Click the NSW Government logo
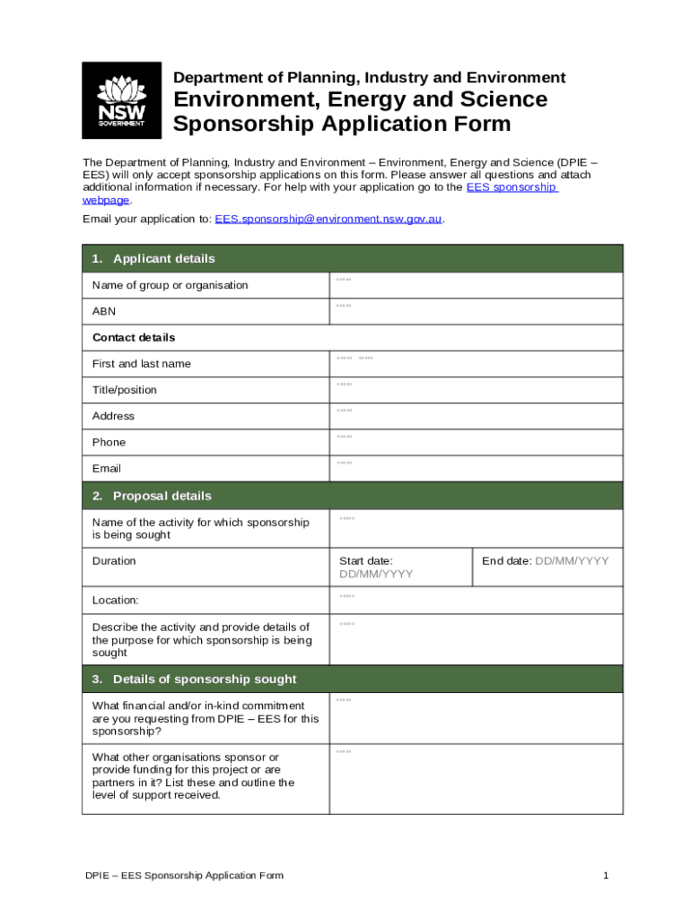[121, 100]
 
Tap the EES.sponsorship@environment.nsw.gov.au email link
[328, 219]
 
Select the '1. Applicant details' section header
[153, 259]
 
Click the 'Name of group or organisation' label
[170, 285]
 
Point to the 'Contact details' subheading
[134, 338]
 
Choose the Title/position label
[124, 390]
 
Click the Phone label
[109, 442]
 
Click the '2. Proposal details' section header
[152, 496]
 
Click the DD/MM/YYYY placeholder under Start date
[376, 575]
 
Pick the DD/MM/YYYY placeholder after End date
[572, 561]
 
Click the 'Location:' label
[115, 600]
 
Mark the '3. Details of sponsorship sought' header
[194, 679]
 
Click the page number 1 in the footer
[607, 875]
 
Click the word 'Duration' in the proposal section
[114, 561]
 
